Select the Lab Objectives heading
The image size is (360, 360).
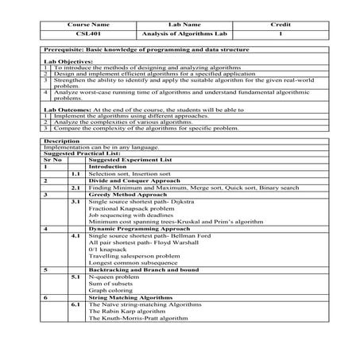tap(64, 60)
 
